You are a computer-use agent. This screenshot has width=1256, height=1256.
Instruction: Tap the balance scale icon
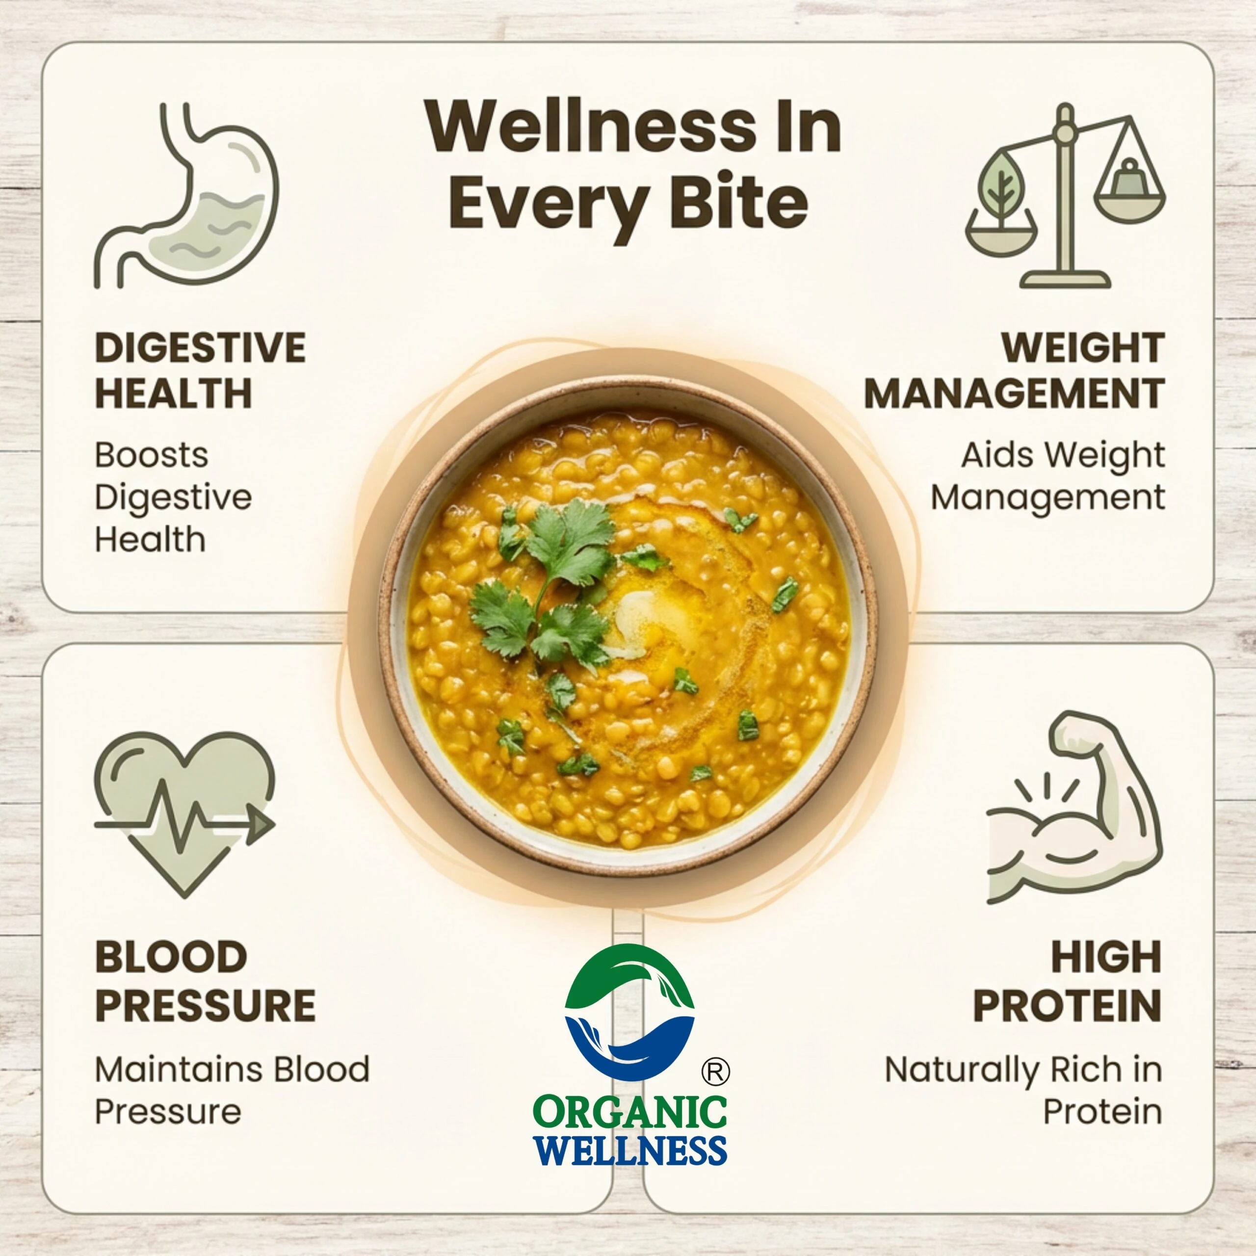(x=1065, y=195)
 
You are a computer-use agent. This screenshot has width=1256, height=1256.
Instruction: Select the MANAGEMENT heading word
(x=1014, y=393)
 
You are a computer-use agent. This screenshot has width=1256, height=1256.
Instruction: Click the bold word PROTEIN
(x=1068, y=1006)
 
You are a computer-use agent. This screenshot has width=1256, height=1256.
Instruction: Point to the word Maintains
(x=178, y=1070)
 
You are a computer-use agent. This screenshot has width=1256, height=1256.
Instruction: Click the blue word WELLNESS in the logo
(x=630, y=1150)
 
